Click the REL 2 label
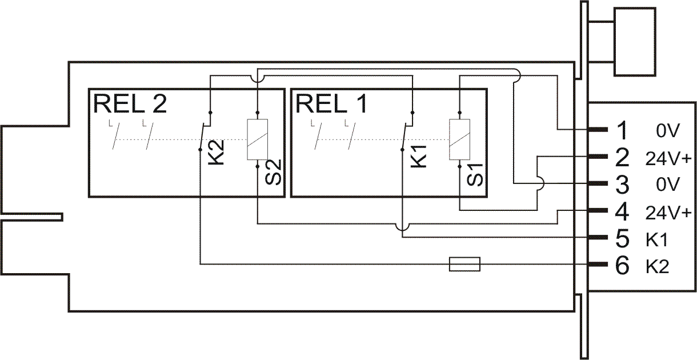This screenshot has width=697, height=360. pos(131,103)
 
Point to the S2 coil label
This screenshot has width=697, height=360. pos(274,172)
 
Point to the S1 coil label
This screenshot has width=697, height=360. pos(475,172)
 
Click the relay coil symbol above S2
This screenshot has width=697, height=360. pos(257,140)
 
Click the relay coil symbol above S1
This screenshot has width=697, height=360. pos(460,140)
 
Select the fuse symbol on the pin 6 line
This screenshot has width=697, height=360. pos(465,264)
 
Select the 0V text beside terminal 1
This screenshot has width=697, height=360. pos(667,131)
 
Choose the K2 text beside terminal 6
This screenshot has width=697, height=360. pos(658,266)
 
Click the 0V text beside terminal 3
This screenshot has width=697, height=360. pos(667,185)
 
